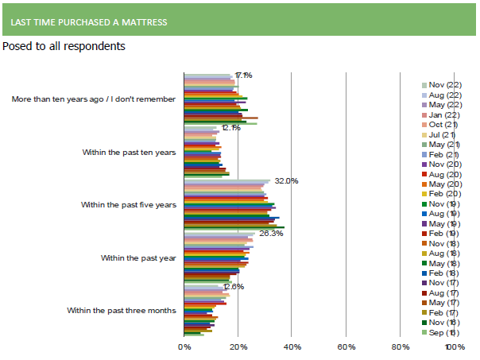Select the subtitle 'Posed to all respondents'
pos(64,46)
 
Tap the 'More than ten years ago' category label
pos(94,100)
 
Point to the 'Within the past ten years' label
pos(130,152)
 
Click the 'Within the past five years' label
pos(129,205)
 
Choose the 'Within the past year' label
pos(139,258)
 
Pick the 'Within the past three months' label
pos(122,310)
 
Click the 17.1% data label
pos(243,75)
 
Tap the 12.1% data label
pos(231,128)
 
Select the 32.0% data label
pos(286,181)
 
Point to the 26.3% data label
pos(271,234)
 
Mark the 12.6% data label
pos(233,287)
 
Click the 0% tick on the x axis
pos(184,346)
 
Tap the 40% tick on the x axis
pos(292,346)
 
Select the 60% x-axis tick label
pos(346,346)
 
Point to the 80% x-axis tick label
pos(401,346)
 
